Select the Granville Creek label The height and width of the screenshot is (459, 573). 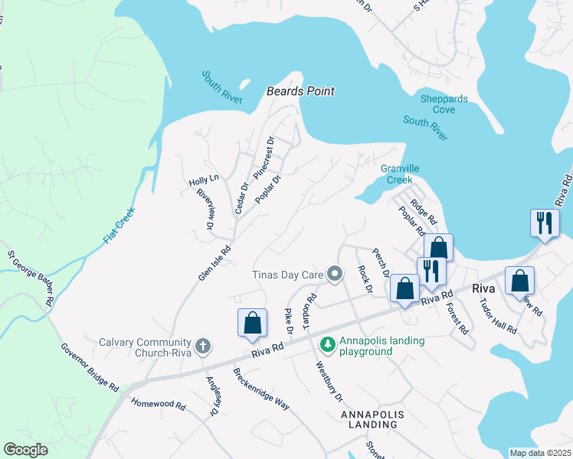click(x=396, y=174)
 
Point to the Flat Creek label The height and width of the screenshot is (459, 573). click(x=119, y=226)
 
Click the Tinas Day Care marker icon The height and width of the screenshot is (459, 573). click(x=334, y=274)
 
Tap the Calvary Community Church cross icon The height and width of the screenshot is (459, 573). click(x=203, y=347)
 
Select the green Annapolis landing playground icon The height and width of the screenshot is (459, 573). click(x=327, y=346)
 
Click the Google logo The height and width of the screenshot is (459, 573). click(x=26, y=450)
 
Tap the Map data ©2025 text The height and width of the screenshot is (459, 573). click(x=539, y=453)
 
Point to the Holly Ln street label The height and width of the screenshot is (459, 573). click(x=205, y=180)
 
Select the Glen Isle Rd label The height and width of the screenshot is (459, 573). click(x=215, y=262)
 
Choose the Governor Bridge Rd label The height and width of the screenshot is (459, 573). click(x=90, y=368)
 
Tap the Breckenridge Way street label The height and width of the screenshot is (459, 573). click(x=261, y=389)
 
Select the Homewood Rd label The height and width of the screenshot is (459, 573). click(x=158, y=405)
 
